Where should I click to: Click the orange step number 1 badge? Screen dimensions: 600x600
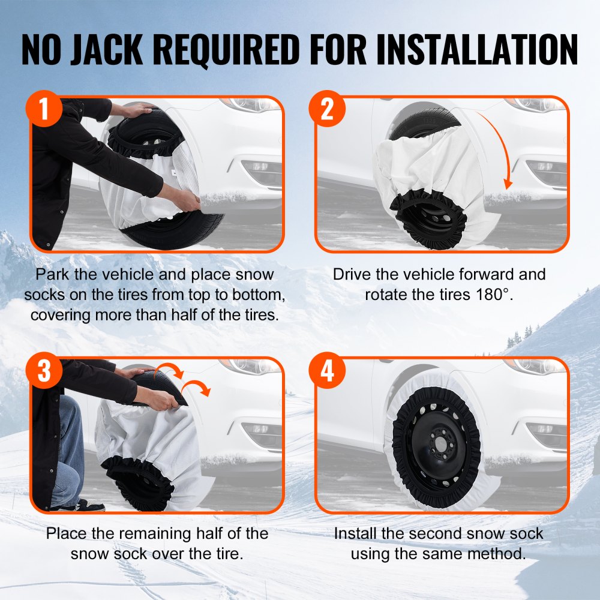pos(44,110)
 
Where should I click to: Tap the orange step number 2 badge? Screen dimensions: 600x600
pos(327,110)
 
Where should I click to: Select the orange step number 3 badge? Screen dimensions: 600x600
pos(44,371)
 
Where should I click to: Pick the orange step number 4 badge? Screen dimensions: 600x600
pos(327,371)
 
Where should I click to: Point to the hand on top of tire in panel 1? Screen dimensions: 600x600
pos(139,110)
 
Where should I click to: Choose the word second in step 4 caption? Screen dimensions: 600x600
pos(436,533)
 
